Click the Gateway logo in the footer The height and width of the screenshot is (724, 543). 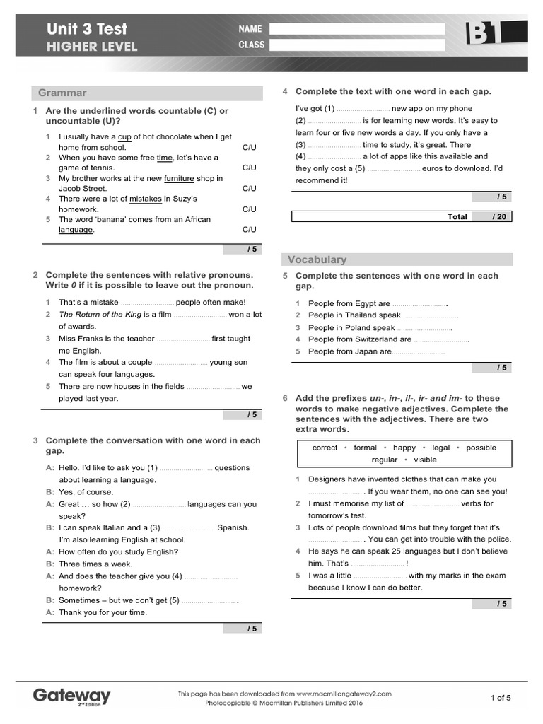click(x=71, y=696)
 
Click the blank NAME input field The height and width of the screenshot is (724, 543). click(x=357, y=29)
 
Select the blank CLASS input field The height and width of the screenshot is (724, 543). click(x=357, y=45)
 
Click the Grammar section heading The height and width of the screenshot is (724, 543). click(x=62, y=93)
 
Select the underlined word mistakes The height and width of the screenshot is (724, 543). click(x=145, y=199)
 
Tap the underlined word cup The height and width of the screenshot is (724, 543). click(x=124, y=136)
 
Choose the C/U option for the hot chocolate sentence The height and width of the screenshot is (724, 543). click(x=249, y=148)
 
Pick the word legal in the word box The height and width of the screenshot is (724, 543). click(x=441, y=448)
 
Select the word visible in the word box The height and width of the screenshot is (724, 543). click(x=425, y=460)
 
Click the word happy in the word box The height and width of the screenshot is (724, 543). click(x=404, y=448)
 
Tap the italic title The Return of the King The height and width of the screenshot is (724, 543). click(x=100, y=315)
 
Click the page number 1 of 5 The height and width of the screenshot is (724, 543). click(x=501, y=698)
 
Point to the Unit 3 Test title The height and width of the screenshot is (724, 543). click(x=87, y=29)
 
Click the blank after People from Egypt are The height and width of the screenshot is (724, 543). click(x=419, y=304)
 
